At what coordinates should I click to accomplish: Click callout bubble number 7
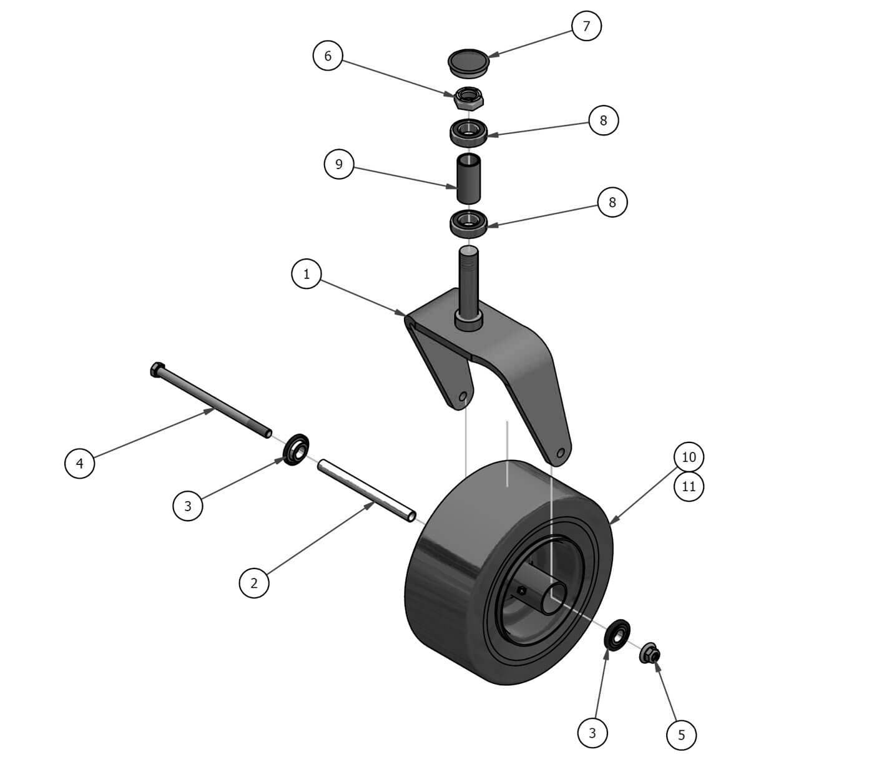coord(586,26)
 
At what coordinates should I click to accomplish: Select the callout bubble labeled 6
coord(327,56)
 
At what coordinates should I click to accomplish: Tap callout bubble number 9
coord(339,164)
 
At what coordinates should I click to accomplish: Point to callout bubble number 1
coord(307,274)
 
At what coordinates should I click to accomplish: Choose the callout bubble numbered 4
coord(79,463)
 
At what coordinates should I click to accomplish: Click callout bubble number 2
coord(254,584)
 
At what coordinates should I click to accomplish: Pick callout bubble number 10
coord(689,457)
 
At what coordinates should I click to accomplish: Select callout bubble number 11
coord(689,486)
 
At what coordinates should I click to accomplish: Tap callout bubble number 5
coord(681,735)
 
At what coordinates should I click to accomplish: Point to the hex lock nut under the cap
coord(468,98)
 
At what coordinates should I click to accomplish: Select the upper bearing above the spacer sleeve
coord(468,131)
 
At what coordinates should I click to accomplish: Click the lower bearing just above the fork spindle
coord(468,222)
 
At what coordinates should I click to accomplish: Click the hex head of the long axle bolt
coord(157,369)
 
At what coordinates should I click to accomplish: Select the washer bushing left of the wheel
coord(297,449)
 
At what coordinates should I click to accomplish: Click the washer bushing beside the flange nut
coord(617,636)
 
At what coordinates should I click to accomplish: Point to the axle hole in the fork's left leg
coord(463,397)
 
